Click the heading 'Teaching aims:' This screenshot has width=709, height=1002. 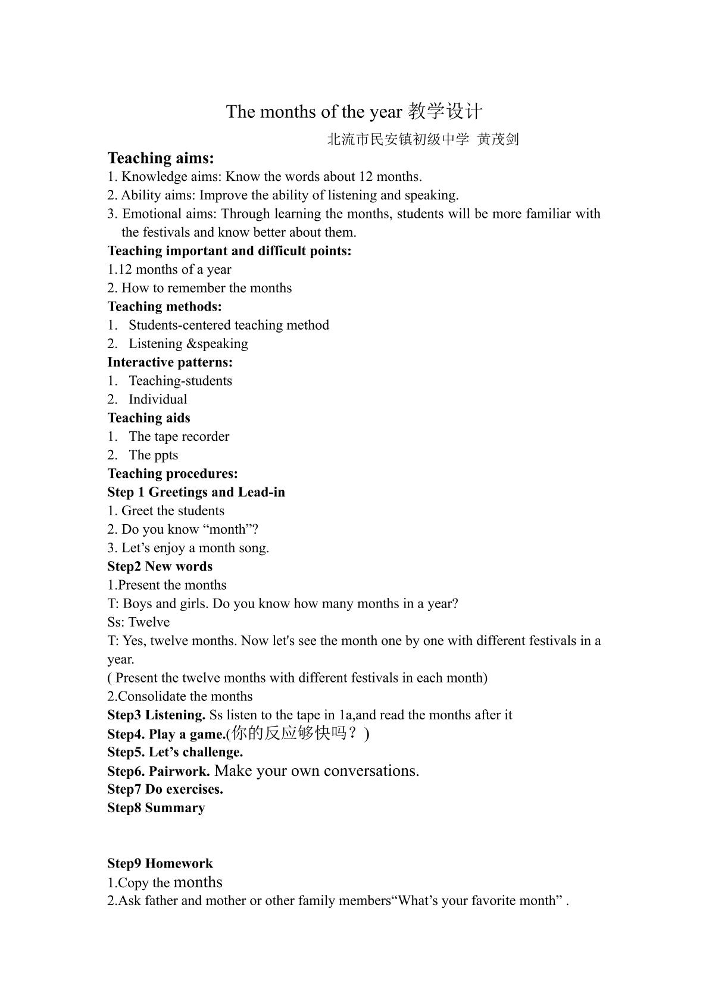[160, 158]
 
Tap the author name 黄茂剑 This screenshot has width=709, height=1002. [498, 140]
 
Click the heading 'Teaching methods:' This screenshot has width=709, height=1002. [164, 306]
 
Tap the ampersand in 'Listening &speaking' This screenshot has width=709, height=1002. [192, 344]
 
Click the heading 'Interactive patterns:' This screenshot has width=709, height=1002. [170, 362]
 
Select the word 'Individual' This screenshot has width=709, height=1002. [158, 399]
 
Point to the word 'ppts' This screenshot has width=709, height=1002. [165, 456]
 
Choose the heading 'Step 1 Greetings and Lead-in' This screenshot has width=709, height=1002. [196, 492]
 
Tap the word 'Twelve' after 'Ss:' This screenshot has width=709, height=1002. [149, 622]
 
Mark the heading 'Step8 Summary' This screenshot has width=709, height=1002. [156, 808]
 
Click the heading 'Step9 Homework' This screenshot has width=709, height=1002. [160, 863]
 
